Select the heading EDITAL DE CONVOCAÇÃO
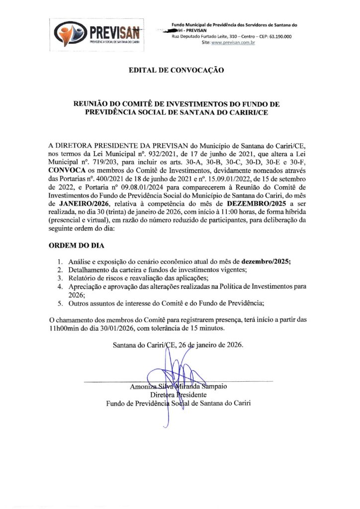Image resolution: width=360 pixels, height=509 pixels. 176,71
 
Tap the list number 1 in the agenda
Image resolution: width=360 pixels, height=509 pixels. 60,261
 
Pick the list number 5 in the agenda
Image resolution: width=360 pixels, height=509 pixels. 60,303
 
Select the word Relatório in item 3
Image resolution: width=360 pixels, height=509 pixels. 82,278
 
